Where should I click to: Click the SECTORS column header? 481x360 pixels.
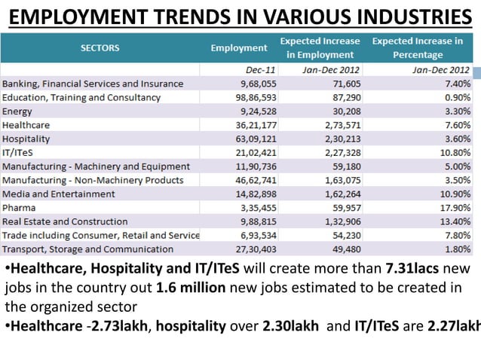(x=100, y=47)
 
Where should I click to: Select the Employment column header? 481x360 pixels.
(x=239, y=47)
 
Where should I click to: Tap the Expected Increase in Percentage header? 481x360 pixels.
(x=417, y=47)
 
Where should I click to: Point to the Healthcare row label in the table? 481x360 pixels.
(x=26, y=124)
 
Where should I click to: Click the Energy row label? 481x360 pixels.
(x=17, y=111)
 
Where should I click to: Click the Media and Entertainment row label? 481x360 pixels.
(x=60, y=194)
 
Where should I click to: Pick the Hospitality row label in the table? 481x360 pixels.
(x=26, y=139)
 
